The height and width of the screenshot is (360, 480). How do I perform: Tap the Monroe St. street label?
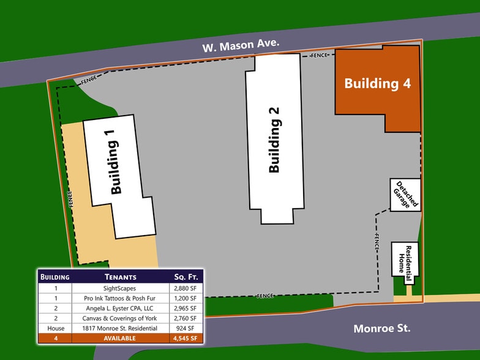382,329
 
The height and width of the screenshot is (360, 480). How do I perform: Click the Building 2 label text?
274,140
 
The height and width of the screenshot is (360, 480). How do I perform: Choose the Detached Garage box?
405,195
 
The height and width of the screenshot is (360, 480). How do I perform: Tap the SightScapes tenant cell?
119,287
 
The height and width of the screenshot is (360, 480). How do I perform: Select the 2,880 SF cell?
185,287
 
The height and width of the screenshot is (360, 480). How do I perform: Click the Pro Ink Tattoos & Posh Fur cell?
119,298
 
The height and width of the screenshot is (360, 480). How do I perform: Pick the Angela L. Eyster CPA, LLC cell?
119,308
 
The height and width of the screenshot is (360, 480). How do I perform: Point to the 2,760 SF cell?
185,318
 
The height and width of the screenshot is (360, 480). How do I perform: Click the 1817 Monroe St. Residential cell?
119,328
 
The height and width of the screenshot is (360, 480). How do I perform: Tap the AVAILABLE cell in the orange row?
119,338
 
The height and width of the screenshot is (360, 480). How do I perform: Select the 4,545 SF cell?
185,338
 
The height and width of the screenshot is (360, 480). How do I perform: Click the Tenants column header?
119,277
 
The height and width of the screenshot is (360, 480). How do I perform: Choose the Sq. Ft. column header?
185,277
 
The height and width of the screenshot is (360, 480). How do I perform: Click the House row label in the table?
55,328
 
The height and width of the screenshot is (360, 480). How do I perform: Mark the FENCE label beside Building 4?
319,56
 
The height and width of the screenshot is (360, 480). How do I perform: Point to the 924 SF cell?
185,328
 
